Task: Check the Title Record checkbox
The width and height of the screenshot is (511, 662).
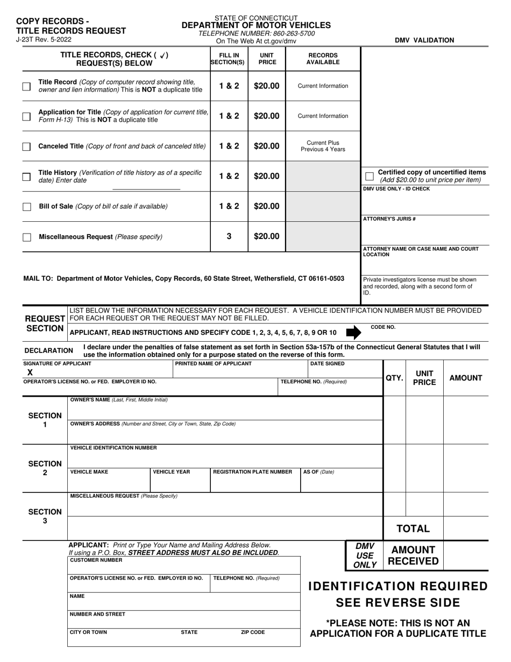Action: click(26, 86)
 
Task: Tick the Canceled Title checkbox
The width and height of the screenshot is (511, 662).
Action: click(26, 146)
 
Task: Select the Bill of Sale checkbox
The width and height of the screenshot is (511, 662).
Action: click(26, 207)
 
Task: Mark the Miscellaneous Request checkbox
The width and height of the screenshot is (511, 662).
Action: click(26, 237)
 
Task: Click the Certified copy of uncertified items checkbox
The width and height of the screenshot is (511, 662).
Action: click(369, 176)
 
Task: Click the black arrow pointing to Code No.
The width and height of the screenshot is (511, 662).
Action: click(353, 333)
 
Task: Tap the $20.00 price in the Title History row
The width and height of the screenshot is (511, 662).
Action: click(266, 176)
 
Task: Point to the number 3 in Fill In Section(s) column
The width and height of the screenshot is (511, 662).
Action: click(229, 236)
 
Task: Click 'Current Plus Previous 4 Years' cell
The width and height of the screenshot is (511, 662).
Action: click(323, 146)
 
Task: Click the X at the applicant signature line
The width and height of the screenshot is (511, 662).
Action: click(30, 372)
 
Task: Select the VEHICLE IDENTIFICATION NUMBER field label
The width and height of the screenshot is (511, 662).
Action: click(113, 448)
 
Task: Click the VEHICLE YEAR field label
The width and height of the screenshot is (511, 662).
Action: click(172, 472)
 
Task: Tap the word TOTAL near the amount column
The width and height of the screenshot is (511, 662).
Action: click(413, 529)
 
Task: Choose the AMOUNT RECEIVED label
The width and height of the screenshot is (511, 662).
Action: click(413, 555)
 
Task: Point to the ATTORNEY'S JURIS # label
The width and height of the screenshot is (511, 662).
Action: click(389, 219)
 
